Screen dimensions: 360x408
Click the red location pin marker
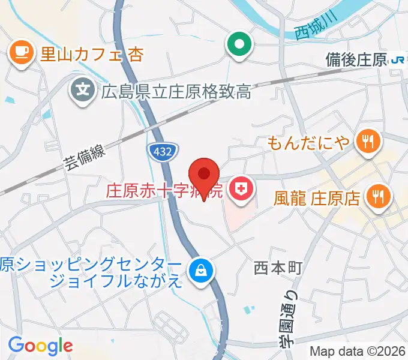[x=204, y=175]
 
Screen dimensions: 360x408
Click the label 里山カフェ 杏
[x=91, y=55]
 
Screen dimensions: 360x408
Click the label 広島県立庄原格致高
[x=175, y=92]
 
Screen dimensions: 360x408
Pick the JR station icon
[x=398, y=59]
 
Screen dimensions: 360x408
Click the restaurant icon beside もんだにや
[x=366, y=142]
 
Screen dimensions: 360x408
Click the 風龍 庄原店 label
[x=317, y=197]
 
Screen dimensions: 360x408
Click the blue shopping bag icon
[x=199, y=271]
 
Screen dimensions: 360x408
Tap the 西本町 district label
[x=277, y=267]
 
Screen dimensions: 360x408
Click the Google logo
[x=40, y=346]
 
